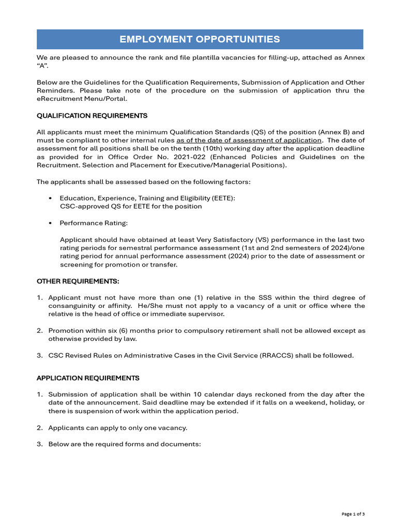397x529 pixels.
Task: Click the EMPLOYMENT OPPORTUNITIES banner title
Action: [x=200, y=39]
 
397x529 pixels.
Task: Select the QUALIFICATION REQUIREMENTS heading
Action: [x=92, y=116]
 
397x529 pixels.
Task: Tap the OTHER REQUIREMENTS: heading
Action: [x=78, y=282]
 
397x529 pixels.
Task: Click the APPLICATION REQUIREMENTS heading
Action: [x=88, y=378]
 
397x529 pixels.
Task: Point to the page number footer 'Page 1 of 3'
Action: [x=353, y=514]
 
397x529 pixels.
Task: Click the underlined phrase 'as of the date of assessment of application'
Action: [x=249, y=141]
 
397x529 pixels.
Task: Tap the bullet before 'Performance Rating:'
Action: [x=50, y=223]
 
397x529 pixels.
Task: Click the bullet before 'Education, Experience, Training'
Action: [x=50, y=198]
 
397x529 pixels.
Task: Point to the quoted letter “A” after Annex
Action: [x=42, y=66]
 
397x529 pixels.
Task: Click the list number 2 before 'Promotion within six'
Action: [x=39, y=331]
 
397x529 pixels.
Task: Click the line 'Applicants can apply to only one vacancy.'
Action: [x=118, y=428]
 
